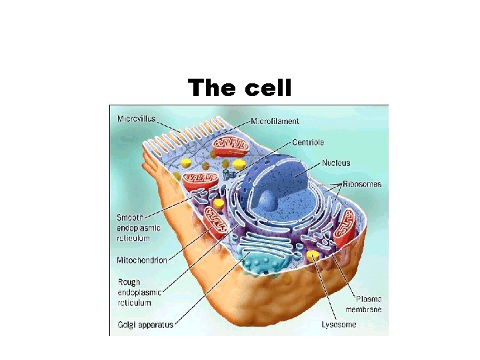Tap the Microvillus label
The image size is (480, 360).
pyautogui.click(x=137, y=119)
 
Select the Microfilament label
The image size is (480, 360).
pyautogui.click(x=275, y=121)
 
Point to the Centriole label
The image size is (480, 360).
pyautogui.click(x=308, y=142)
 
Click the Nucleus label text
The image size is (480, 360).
pyautogui.click(x=335, y=163)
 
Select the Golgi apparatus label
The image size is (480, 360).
pyautogui.click(x=145, y=325)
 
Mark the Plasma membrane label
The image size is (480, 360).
pyautogui.click(x=363, y=304)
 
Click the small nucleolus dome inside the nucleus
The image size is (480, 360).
pyautogui.click(x=268, y=199)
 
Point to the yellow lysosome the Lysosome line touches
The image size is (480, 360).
pyautogui.click(x=311, y=255)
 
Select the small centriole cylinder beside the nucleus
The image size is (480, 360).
pyautogui.click(x=230, y=173)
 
